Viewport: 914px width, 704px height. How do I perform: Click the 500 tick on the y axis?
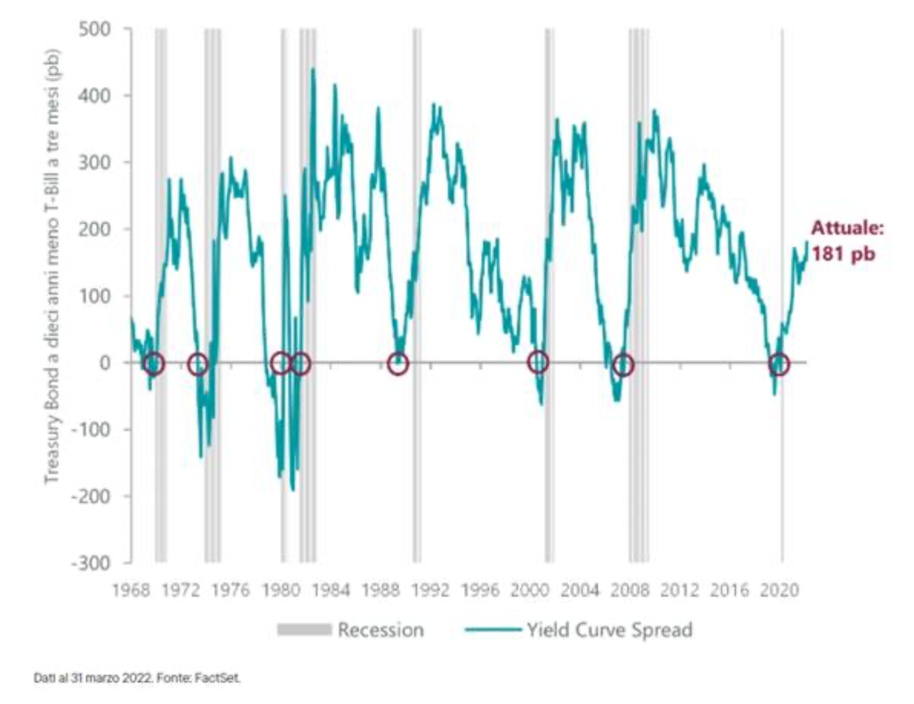95,29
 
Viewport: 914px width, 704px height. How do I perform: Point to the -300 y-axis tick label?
92,563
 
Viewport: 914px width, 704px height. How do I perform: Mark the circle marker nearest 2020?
779,364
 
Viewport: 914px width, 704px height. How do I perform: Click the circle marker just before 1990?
397,364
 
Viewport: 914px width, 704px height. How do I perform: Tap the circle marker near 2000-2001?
538,362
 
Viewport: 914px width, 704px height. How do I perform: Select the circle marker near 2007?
623,365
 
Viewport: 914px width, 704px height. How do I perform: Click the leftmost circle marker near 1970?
154,364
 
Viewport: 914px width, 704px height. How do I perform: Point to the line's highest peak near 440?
313,69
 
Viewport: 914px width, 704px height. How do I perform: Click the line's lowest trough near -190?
292,489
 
